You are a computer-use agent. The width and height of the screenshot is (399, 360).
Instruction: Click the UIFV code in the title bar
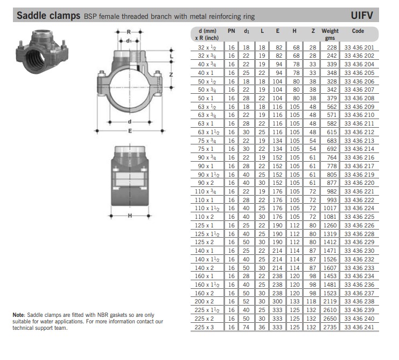362,15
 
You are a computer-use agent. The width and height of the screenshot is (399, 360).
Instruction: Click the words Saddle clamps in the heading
48,16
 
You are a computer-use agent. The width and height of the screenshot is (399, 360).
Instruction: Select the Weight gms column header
330,34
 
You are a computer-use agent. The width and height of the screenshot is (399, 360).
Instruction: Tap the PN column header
232,31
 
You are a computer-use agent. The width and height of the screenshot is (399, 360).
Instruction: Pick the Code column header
358,31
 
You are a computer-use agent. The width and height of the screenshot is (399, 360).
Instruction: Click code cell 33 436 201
359,47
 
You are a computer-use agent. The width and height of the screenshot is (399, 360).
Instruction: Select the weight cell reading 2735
330,327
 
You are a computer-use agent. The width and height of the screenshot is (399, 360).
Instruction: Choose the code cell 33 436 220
359,183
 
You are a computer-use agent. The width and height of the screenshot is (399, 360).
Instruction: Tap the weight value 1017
330,208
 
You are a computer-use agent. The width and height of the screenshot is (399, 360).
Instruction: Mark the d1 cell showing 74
246,327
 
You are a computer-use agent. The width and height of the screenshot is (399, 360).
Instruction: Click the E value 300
277,301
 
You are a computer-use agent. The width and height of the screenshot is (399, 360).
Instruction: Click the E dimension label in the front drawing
130,131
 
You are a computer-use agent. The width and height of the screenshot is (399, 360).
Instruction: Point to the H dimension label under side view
130,216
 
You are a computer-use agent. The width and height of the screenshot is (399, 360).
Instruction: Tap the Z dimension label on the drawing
171,74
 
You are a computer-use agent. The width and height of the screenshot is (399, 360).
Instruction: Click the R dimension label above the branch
129,32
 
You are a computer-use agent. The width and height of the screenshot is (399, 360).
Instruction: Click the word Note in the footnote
19,315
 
